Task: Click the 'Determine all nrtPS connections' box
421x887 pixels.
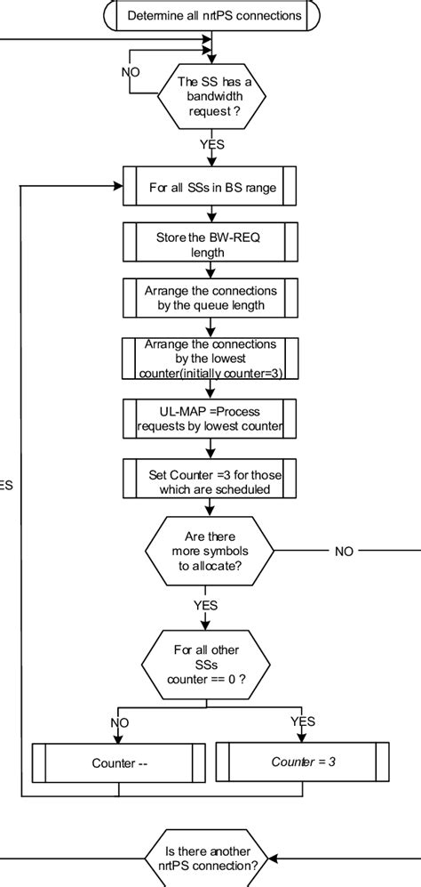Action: pyautogui.click(x=214, y=15)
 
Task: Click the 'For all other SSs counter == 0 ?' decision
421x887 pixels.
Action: pyautogui.click(x=207, y=664)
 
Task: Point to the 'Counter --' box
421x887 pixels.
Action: pyautogui.click(x=114, y=762)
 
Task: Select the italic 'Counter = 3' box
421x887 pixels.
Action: pyautogui.click(x=302, y=762)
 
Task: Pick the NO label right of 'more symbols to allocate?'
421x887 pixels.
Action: pyautogui.click(x=344, y=552)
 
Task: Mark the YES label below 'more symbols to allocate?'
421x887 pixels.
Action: pyautogui.click(x=207, y=605)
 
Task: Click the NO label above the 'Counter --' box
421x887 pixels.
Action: pyautogui.click(x=119, y=723)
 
